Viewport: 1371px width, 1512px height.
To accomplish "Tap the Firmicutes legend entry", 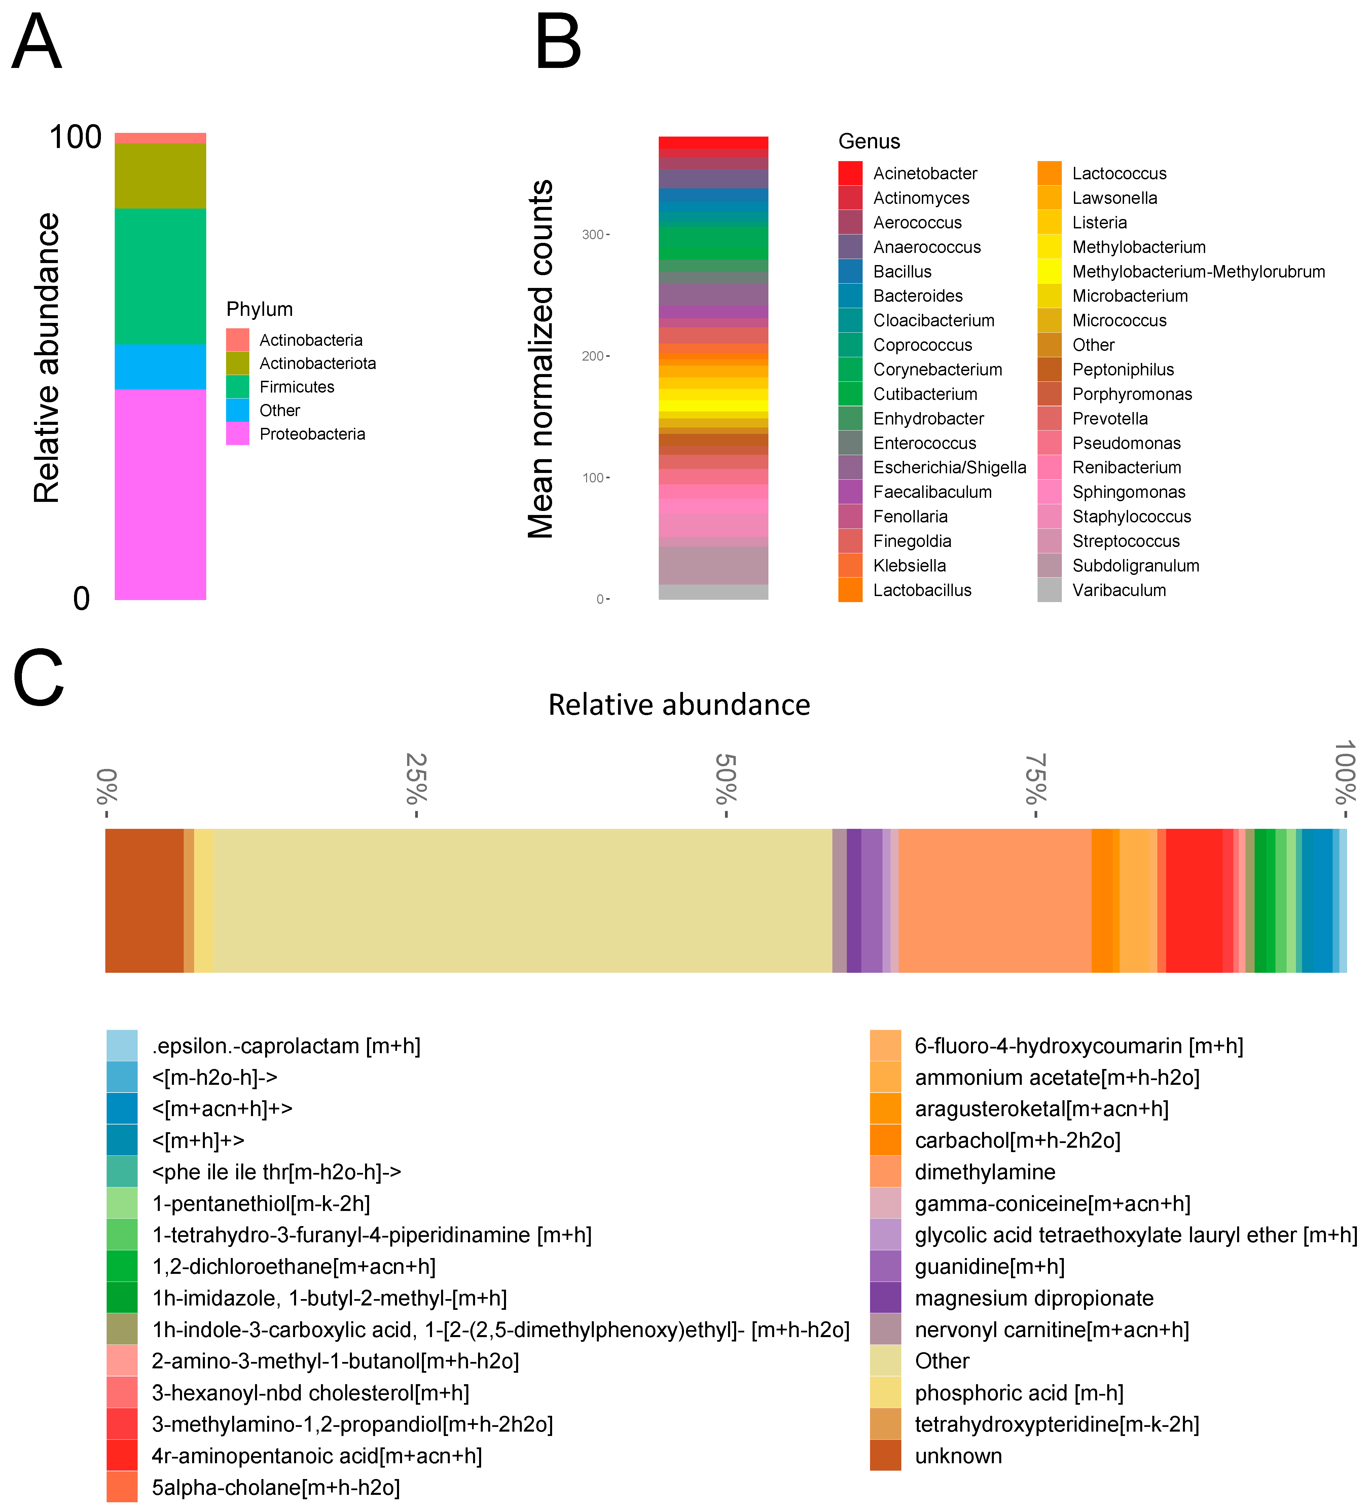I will [x=296, y=387].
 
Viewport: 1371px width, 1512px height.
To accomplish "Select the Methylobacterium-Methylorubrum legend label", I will [x=1198, y=271].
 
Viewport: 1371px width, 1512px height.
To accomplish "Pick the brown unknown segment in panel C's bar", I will [x=144, y=900].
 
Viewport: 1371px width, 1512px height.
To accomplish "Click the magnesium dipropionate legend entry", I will [x=1034, y=1298].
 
